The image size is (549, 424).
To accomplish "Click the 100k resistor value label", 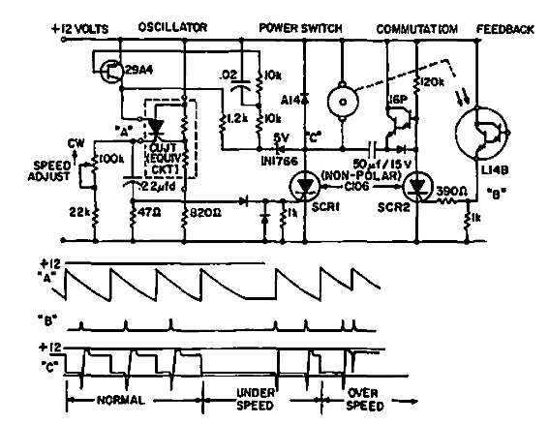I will tap(106, 155).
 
